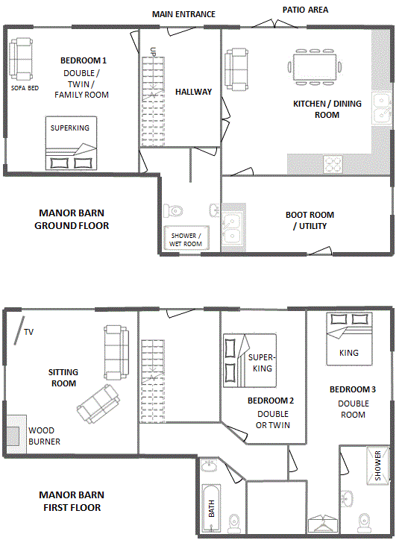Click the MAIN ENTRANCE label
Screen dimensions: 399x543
pos(183,14)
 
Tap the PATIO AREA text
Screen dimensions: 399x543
pos(305,10)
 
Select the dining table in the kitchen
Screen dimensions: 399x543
pos(315,67)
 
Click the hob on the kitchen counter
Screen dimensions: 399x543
pos(333,164)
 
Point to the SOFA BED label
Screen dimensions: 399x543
pos(25,88)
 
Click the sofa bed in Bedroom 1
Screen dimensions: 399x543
pos(21,59)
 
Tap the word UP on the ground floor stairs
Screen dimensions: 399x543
pos(153,52)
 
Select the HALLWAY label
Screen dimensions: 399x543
pos(193,92)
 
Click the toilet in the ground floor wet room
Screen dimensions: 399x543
pos(173,210)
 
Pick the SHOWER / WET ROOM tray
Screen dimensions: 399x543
pos(186,238)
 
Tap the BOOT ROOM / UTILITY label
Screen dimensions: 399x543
pos(310,220)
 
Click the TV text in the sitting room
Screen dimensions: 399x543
pos(29,332)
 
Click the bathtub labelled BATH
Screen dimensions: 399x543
pos(210,508)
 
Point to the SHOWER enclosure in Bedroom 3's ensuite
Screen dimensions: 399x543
pos(377,465)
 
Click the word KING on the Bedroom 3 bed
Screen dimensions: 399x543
pos(349,353)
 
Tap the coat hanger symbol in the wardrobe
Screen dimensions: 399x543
pos(323,524)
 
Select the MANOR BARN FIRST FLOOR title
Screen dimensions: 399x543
pos(72,501)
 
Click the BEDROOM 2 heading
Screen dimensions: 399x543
pos(271,401)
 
